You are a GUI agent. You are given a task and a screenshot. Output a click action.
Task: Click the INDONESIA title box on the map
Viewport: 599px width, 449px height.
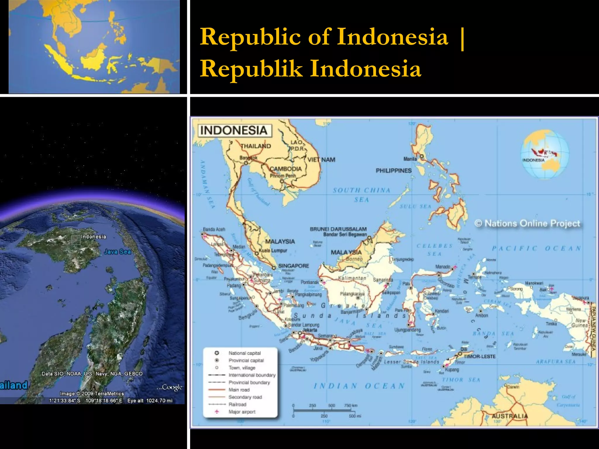click(234, 130)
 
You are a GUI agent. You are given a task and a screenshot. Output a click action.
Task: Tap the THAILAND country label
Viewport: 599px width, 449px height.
click(256, 146)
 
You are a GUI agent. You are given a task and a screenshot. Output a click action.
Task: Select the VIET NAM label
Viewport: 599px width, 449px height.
click(321, 160)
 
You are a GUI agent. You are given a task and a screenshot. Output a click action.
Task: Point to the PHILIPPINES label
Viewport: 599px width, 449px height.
click(393, 170)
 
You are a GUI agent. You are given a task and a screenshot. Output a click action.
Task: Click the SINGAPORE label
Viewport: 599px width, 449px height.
click(293, 266)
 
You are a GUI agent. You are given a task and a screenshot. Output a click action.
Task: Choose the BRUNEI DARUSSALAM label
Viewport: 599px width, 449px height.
click(338, 229)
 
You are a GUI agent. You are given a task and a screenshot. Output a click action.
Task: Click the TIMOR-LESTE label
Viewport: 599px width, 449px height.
click(479, 356)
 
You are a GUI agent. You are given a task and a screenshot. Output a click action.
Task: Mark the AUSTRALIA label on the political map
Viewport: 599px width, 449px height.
click(510, 416)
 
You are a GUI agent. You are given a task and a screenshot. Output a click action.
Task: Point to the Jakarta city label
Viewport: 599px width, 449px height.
click(310, 330)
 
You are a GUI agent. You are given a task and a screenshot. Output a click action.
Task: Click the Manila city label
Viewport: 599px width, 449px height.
click(410, 159)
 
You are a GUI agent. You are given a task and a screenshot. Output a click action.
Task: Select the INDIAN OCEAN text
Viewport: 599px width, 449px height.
click(359, 386)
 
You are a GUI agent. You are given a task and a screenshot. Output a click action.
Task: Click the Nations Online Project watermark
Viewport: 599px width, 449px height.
click(527, 223)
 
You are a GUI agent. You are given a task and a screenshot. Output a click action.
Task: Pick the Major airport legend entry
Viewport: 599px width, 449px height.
click(242, 412)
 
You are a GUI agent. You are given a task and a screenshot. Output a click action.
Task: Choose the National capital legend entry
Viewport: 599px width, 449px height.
click(245, 353)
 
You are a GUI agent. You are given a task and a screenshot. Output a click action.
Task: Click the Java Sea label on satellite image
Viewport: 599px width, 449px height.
click(118, 252)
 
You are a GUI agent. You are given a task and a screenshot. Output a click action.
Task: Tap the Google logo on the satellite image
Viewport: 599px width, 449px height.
click(171, 387)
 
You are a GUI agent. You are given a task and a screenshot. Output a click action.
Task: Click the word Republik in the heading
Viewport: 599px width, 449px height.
click(251, 69)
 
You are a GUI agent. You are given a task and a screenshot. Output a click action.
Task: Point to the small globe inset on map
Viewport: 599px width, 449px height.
click(545, 154)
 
